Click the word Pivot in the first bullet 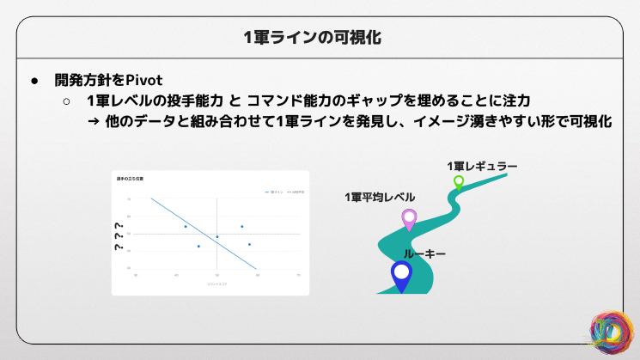coord(144,81)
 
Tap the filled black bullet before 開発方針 coord(35,81)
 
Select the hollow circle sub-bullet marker coord(66,101)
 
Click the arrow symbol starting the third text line coord(94,122)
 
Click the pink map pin coord(409,219)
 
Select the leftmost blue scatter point coord(186,226)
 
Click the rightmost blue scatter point coord(249,244)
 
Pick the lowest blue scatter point coord(198,247)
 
